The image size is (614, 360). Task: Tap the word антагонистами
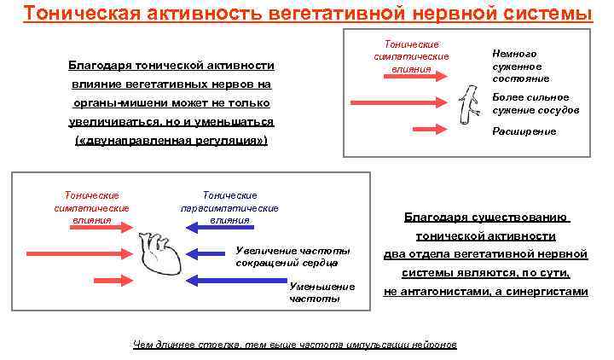448,291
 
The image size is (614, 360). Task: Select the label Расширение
524,131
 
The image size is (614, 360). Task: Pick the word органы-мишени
114,103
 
